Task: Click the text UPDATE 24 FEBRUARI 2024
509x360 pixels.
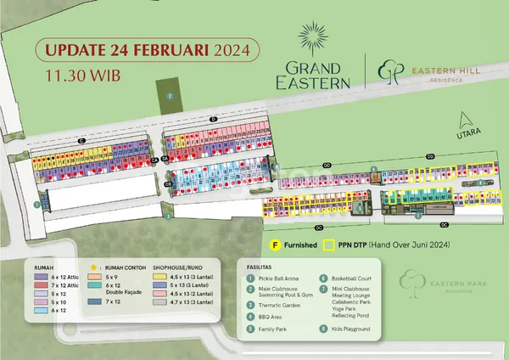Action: [143, 49]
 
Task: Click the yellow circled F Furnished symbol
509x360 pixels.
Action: [276, 245]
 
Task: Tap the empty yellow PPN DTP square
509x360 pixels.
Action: [330, 245]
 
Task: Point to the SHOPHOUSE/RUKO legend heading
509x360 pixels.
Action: [180, 265]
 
